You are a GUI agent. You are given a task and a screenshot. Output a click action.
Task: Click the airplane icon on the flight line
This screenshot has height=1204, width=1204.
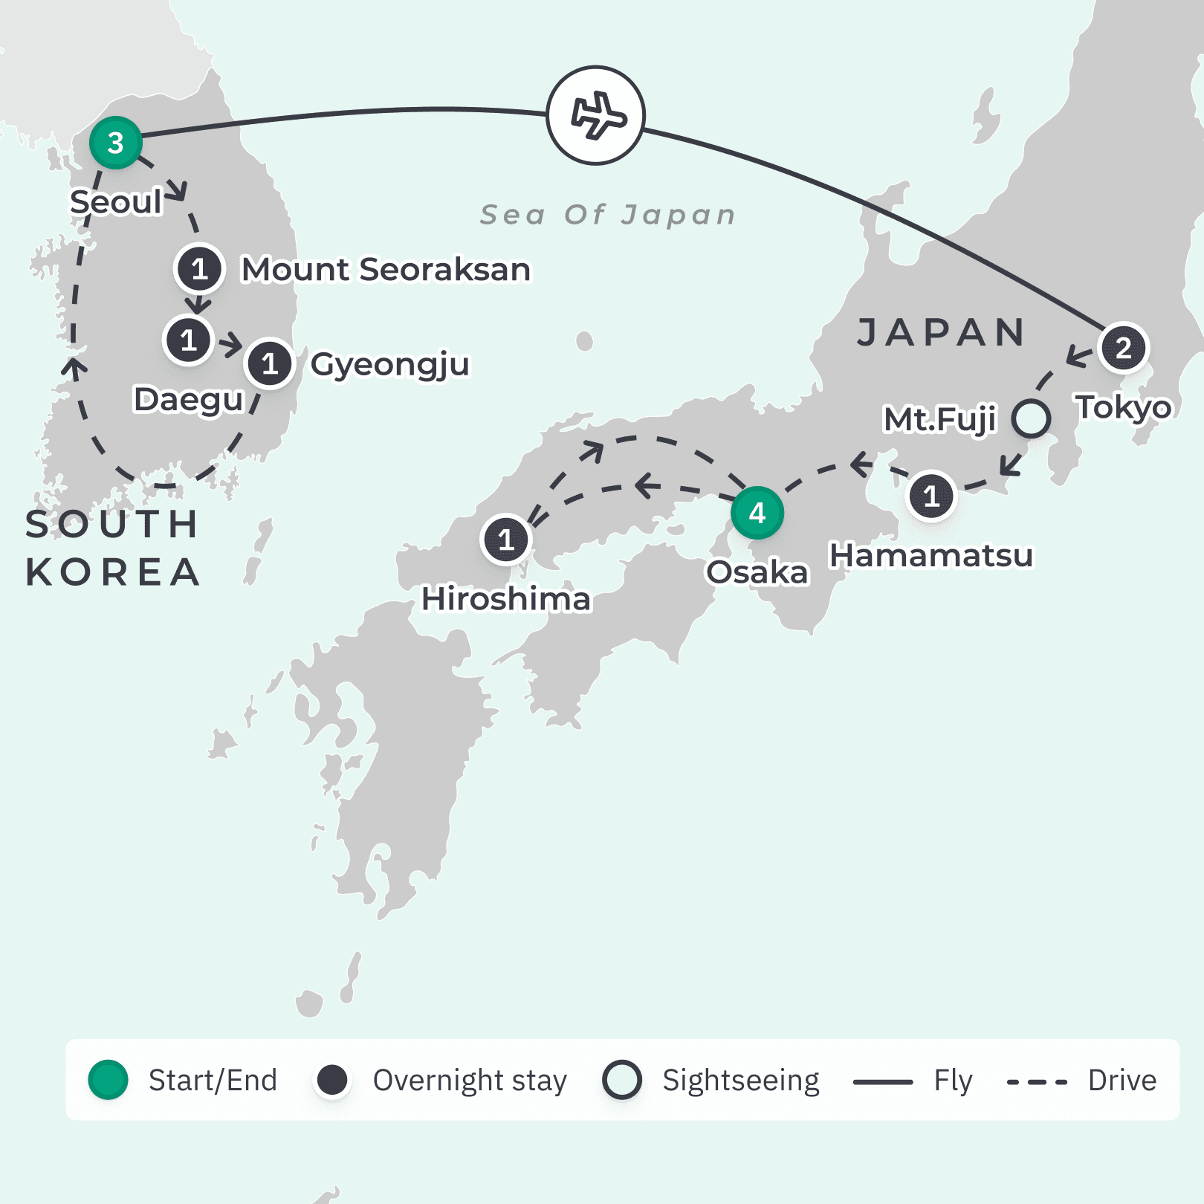click(596, 115)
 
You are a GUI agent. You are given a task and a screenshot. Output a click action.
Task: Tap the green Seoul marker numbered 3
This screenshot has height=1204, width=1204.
click(115, 143)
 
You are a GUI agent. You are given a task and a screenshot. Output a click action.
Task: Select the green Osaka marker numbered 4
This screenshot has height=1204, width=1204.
click(757, 513)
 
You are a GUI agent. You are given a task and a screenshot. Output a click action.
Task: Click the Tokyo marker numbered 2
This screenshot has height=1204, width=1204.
click(1123, 348)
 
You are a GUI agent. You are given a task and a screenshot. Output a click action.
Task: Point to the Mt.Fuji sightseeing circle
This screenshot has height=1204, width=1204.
click(1031, 418)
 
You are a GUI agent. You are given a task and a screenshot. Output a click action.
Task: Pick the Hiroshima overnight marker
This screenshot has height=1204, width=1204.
click(506, 540)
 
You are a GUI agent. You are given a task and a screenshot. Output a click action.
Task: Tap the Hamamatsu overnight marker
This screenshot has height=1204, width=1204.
click(931, 496)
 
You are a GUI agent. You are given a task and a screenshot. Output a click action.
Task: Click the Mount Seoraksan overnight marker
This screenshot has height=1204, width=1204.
click(199, 268)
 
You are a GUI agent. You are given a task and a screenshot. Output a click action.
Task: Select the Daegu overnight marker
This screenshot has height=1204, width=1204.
click(188, 340)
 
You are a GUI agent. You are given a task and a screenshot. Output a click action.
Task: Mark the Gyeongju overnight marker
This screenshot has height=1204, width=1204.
click(270, 363)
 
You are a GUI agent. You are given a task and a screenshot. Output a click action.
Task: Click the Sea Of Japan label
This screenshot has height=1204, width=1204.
click(607, 215)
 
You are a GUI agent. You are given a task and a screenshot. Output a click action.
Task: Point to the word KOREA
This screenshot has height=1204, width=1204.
click(113, 572)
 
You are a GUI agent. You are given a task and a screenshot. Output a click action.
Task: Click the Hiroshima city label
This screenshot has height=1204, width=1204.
click(506, 599)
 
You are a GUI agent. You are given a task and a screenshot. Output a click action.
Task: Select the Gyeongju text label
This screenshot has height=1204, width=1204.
click(390, 364)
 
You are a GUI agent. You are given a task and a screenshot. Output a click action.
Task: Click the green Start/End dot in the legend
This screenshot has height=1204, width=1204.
click(109, 1080)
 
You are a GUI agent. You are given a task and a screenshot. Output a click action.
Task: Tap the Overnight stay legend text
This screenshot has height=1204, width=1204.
click(470, 1081)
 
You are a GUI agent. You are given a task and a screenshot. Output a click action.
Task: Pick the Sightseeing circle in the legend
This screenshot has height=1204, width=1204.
click(622, 1080)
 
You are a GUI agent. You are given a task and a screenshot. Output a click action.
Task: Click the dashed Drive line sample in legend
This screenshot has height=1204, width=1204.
click(1037, 1082)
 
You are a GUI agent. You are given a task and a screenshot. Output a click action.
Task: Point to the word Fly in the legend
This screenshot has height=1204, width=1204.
click(953, 1081)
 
